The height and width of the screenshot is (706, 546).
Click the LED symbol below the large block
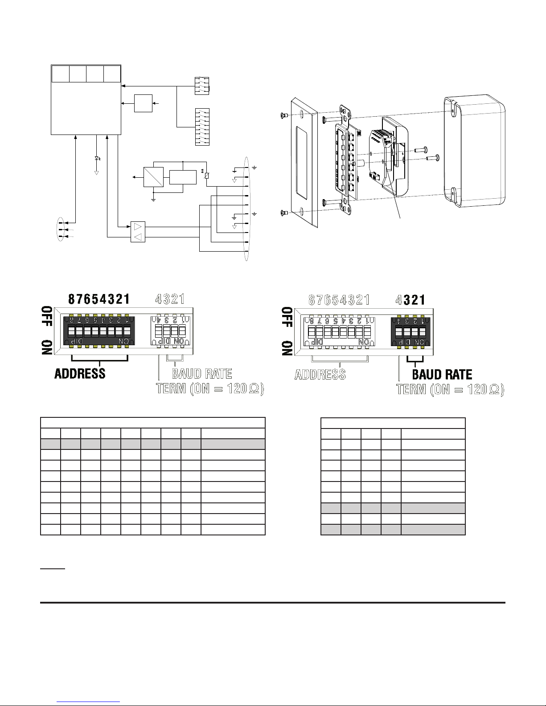(97, 159)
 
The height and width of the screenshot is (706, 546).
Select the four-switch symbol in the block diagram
(202, 86)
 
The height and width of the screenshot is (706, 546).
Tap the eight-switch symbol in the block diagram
(202, 127)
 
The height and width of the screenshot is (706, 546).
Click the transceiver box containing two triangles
(138, 232)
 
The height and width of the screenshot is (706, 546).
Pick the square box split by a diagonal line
(153, 177)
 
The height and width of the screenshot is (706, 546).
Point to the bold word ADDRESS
(80, 373)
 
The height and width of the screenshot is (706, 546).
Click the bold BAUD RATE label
(442, 374)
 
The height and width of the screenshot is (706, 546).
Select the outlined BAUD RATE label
(202, 374)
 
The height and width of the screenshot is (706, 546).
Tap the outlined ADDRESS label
(320, 375)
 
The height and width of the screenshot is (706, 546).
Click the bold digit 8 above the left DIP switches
(71, 299)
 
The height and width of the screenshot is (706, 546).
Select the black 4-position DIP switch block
(411, 332)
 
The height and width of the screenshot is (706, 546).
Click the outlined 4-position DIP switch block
(170, 331)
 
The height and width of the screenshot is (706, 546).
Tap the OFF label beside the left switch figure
(47, 316)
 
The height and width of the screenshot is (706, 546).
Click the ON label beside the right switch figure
(287, 348)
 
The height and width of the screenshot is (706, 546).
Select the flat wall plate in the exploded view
(304, 162)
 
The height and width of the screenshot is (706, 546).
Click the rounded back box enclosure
(475, 151)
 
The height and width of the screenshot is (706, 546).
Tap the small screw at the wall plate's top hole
(284, 114)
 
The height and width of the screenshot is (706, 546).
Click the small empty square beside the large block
(144, 103)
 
